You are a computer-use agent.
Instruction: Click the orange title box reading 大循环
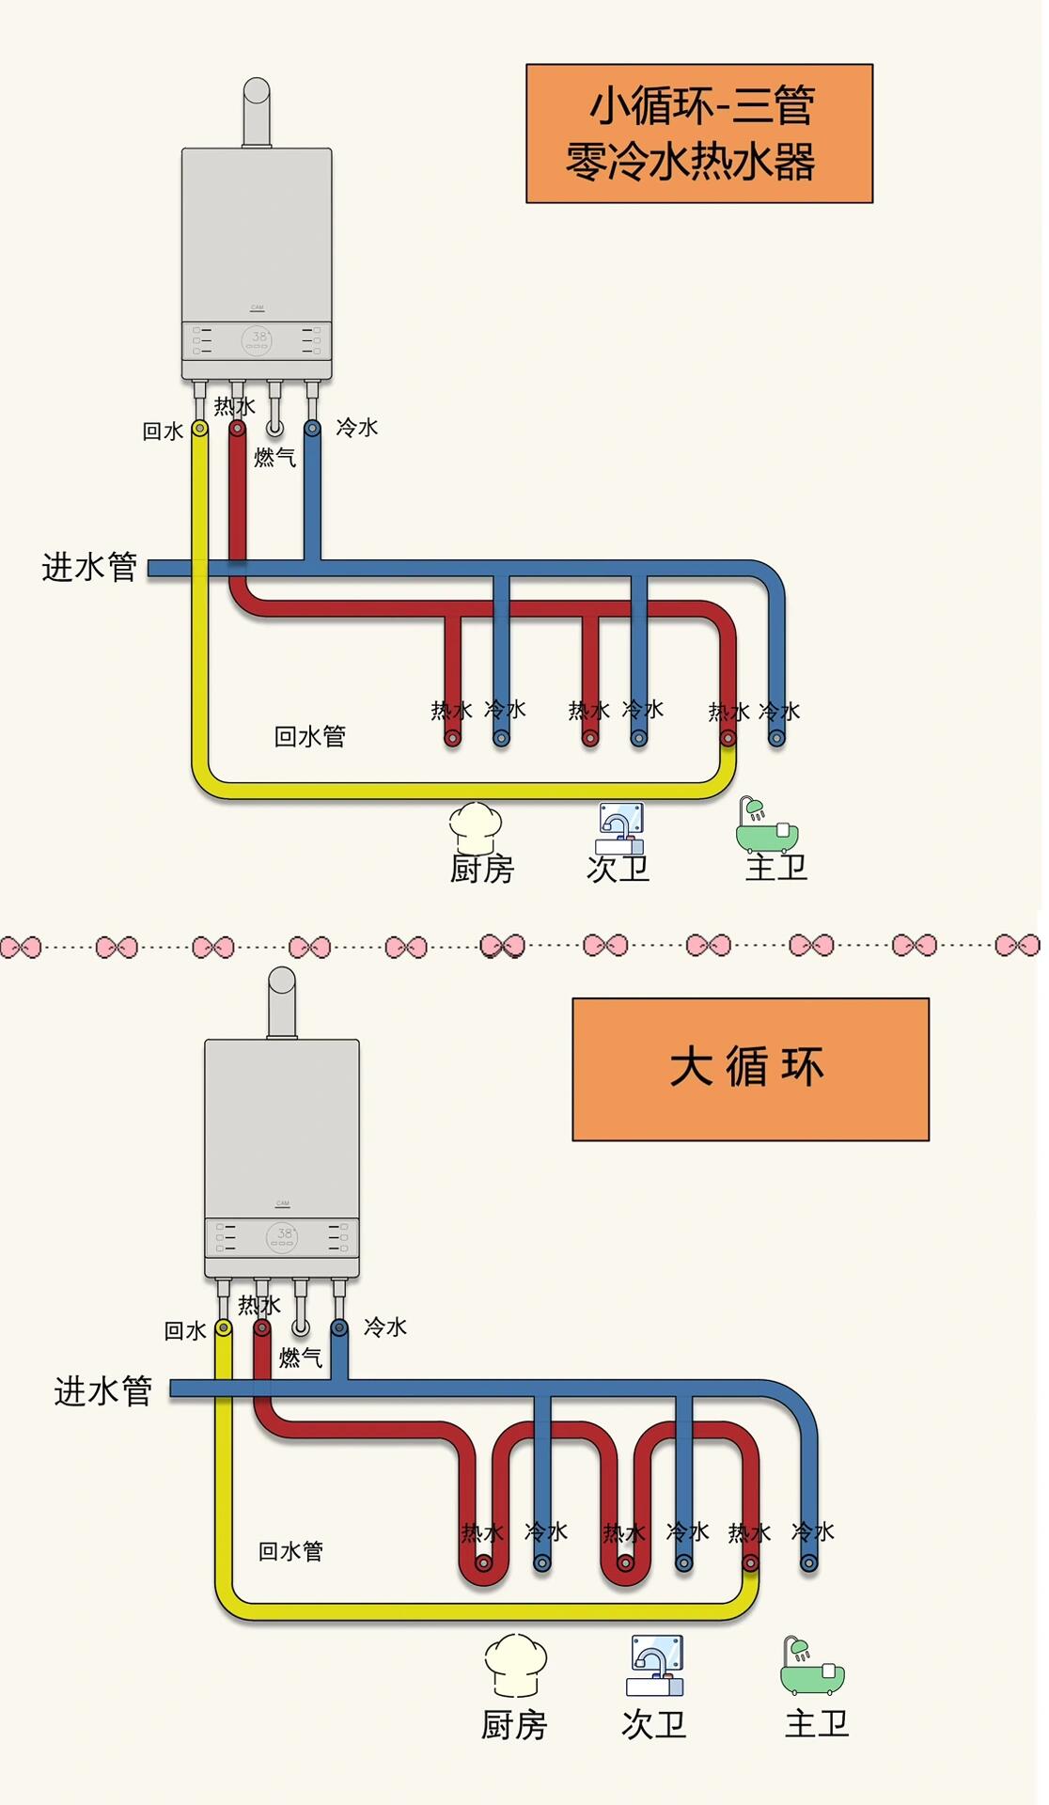pyautogui.click(x=750, y=1069)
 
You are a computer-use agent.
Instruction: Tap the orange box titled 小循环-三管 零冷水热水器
pyautogui.click(x=699, y=133)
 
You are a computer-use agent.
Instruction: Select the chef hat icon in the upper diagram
pyautogui.click(x=476, y=825)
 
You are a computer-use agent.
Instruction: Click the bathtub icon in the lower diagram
pyautogui.click(x=812, y=1666)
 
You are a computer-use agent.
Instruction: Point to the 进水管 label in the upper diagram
pyautogui.click(x=90, y=567)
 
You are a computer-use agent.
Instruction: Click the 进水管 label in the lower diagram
pyautogui.click(x=103, y=1390)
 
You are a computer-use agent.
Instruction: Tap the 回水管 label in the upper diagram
pyautogui.click(x=310, y=736)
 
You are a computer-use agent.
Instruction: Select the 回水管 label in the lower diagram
pyautogui.click(x=290, y=1551)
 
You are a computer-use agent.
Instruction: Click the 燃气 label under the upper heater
pyautogui.click(x=275, y=458)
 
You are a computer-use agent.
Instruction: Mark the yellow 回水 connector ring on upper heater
pyautogui.click(x=199, y=429)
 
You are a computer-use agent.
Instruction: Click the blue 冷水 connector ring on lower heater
pyautogui.click(x=339, y=1327)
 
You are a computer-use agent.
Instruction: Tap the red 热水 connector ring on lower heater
pyautogui.click(x=262, y=1327)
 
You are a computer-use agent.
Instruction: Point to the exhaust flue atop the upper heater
pyautogui.click(x=257, y=112)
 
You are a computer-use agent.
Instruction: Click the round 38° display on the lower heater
pyautogui.click(x=283, y=1237)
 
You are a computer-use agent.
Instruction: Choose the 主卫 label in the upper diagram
pyautogui.click(x=776, y=867)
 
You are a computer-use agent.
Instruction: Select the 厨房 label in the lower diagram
pyautogui.click(x=514, y=1725)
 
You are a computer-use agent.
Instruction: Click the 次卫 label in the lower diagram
pyautogui.click(x=654, y=1724)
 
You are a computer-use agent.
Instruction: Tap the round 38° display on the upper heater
pyautogui.click(x=258, y=340)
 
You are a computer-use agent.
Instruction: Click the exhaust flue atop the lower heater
pyautogui.click(x=282, y=1002)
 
